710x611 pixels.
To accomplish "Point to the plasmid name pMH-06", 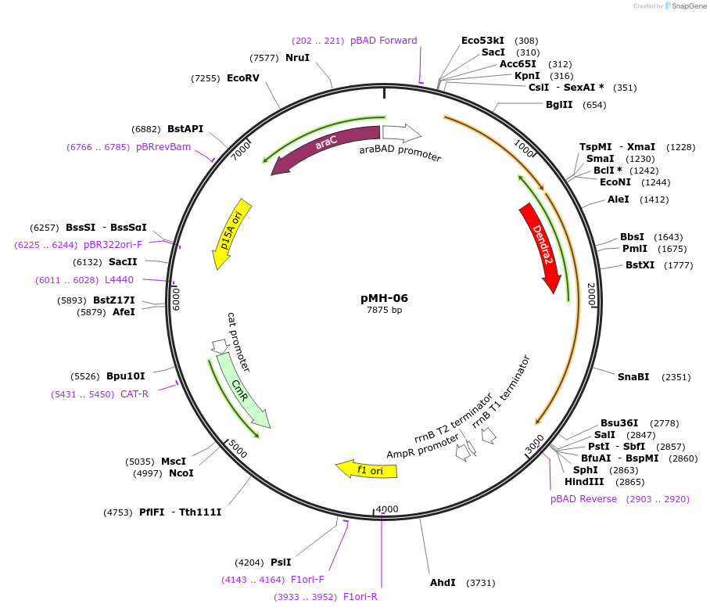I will [x=384, y=298].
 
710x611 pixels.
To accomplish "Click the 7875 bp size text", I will [x=384, y=311].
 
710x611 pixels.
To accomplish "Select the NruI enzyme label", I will [x=297, y=58].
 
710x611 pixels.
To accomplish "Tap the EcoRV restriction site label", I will [x=242, y=78].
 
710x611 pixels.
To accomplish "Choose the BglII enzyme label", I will [x=559, y=105].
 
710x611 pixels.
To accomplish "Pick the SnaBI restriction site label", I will [x=633, y=377].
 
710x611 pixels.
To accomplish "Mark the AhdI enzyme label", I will [x=443, y=583].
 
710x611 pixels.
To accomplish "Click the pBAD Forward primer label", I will [x=383, y=41].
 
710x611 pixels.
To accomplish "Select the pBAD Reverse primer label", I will [x=583, y=499].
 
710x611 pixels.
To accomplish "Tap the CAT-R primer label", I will [x=134, y=394].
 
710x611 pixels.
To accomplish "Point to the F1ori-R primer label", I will [x=360, y=597].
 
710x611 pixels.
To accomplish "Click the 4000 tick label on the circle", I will [x=387, y=509].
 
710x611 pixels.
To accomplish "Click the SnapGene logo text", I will [x=686, y=6].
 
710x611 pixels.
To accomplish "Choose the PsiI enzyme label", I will [x=281, y=562].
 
